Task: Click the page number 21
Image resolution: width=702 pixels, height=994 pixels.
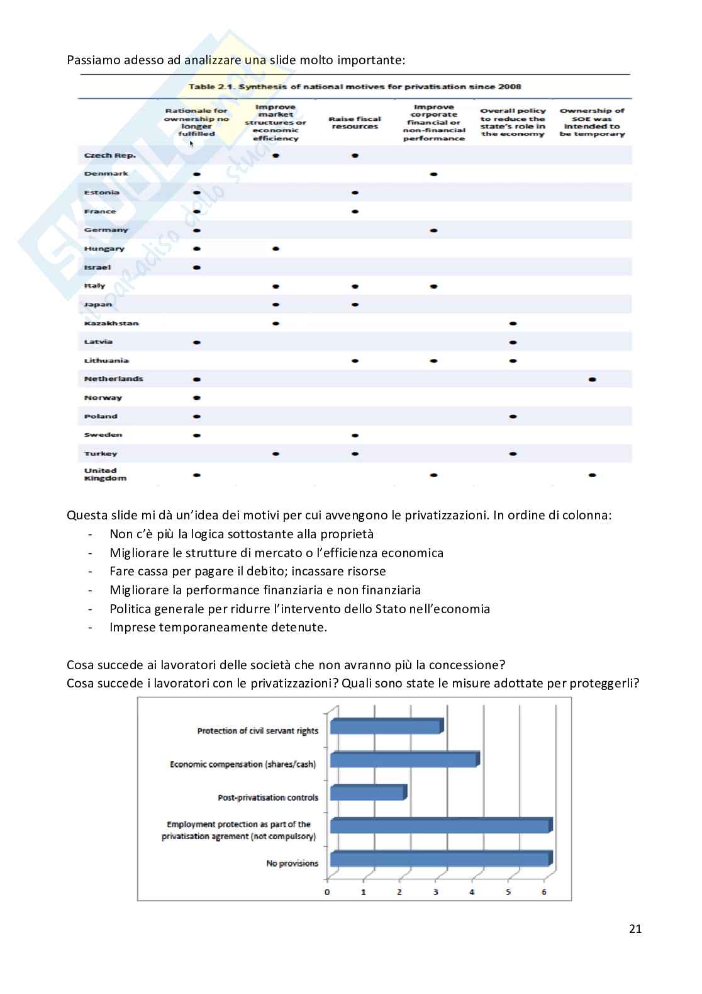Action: tap(635, 929)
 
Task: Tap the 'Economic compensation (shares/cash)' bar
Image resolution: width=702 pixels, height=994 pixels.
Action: tap(404, 760)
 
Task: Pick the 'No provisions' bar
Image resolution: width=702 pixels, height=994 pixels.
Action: tap(440, 859)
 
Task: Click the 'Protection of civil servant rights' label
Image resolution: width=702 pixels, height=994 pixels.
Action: tap(258, 731)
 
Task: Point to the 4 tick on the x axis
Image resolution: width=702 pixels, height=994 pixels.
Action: tap(472, 892)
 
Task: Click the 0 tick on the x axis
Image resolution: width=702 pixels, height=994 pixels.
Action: tap(327, 892)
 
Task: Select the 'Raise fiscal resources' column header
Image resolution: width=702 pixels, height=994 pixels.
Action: tap(355, 123)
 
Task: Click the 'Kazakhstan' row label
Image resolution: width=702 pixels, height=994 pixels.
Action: tap(111, 324)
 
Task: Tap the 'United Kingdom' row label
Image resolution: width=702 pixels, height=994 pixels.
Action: tap(105, 474)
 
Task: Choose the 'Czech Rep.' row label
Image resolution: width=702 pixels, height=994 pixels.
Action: tap(110, 155)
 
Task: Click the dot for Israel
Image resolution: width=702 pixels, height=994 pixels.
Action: tap(197, 268)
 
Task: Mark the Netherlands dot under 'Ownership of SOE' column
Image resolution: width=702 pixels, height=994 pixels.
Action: tap(592, 380)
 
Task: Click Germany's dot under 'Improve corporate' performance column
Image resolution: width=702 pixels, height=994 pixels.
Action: tap(434, 230)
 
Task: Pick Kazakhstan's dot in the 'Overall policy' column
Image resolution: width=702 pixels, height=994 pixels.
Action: tap(513, 324)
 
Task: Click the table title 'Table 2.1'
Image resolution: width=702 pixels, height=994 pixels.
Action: tap(355, 87)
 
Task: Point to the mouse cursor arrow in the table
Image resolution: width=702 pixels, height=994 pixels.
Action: tap(191, 143)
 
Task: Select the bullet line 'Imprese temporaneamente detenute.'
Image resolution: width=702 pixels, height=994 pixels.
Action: tap(218, 627)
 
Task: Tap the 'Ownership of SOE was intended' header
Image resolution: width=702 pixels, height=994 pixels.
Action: tap(592, 123)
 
